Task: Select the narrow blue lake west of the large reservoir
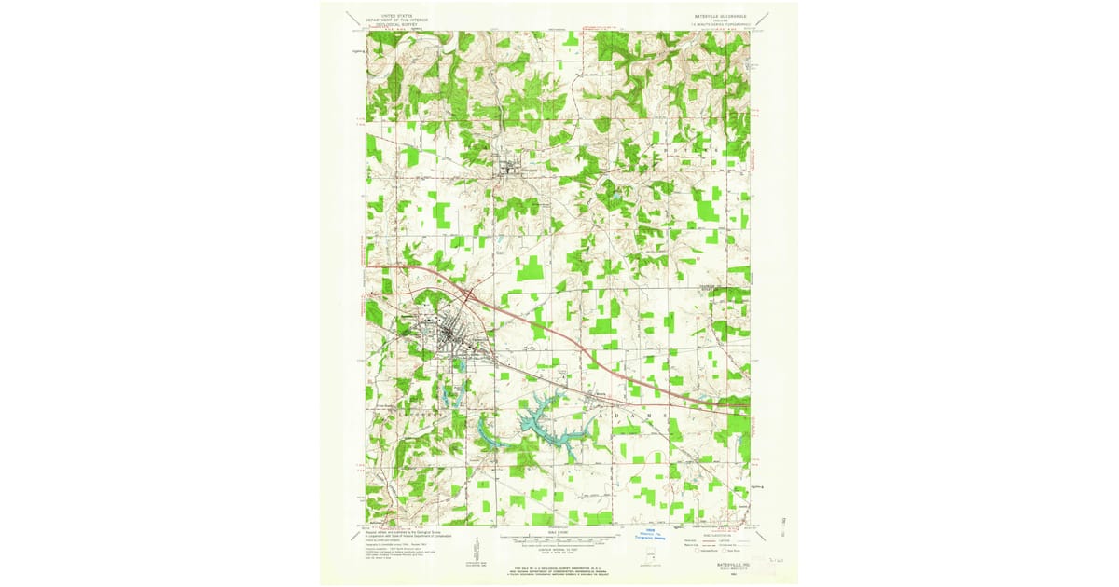click(485, 432)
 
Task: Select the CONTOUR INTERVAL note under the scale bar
click(559, 549)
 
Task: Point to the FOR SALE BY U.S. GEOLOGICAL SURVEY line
click(557, 567)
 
